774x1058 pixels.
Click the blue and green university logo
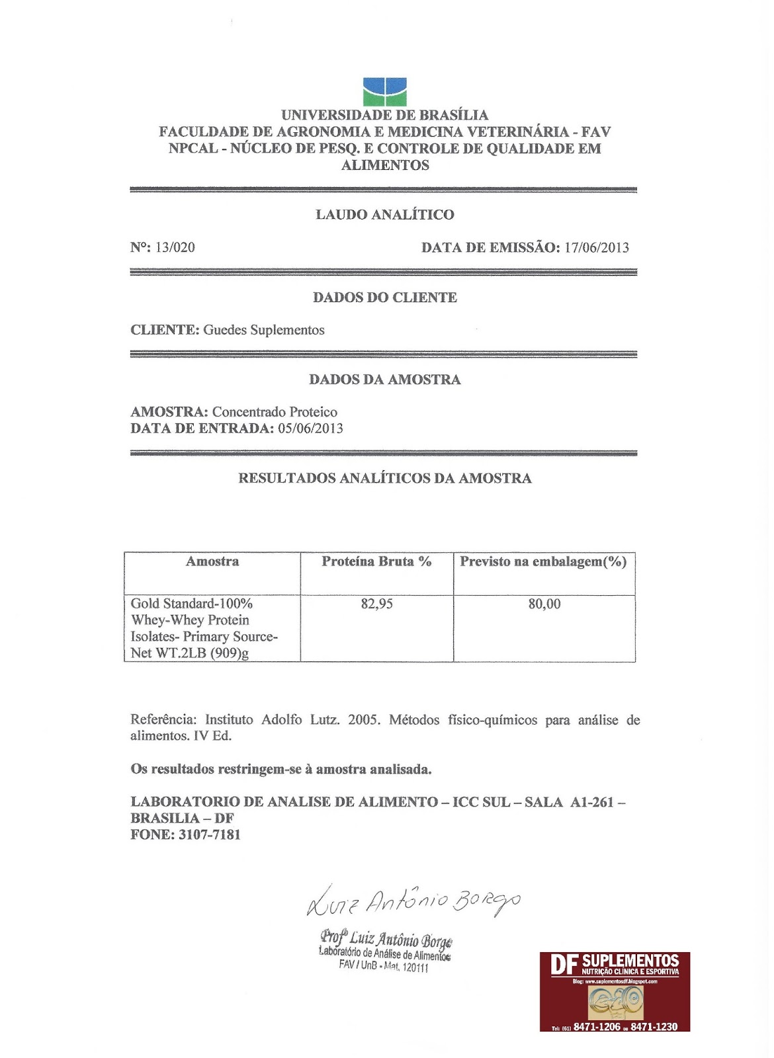[x=384, y=92]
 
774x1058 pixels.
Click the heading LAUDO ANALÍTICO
[x=384, y=214]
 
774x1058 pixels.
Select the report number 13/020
[x=175, y=247]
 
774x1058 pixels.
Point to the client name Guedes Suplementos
[x=263, y=330]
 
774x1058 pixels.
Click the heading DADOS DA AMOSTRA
[x=384, y=380]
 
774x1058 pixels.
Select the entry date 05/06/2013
[x=310, y=428]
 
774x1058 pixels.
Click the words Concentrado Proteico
[x=275, y=412]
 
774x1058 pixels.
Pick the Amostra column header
[x=212, y=561]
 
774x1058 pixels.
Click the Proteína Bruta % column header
[x=376, y=561]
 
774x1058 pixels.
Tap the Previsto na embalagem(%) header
[x=543, y=561]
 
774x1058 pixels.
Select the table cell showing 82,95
[x=376, y=604]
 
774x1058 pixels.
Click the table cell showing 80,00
[x=544, y=604]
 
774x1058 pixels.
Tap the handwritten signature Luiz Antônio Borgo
[x=414, y=901]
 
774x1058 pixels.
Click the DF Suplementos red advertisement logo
[x=615, y=991]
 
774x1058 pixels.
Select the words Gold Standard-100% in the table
[x=191, y=604]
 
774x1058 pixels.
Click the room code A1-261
[x=592, y=802]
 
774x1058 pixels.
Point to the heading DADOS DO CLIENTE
[x=384, y=298]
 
